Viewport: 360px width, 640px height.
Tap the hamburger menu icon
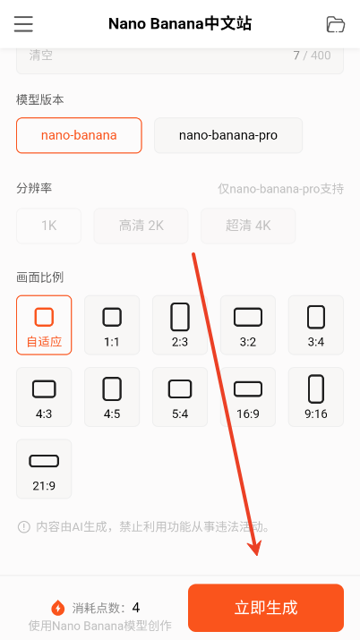pyautogui.click(x=23, y=24)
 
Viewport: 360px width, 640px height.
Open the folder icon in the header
pyautogui.click(x=336, y=24)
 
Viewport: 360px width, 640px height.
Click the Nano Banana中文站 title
pyautogui.click(x=180, y=24)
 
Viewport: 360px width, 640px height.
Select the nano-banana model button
pyautogui.click(x=79, y=135)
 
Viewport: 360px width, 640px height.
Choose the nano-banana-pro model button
pyautogui.click(x=228, y=135)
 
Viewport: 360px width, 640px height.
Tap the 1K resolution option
pyautogui.click(x=48, y=226)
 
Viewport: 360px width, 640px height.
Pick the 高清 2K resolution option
pyautogui.click(x=141, y=226)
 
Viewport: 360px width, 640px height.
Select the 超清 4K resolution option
pyautogui.click(x=249, y=226)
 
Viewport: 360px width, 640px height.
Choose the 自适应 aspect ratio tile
pyautogui.click(x=44, y=325)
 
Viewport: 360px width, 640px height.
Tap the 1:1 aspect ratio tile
pyautogui.click(x=112, y=325)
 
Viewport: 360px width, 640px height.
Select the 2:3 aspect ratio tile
pyautogui.click(x=180, y=325)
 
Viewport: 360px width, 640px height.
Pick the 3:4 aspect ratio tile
pyautogui.click(x=316, y=325)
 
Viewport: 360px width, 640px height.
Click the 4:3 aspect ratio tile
pyautogui.click(x=44, y=397)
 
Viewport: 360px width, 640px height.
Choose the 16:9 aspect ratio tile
pyautogui.click(x=248, y=397)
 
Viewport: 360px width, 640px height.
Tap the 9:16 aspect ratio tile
pyautogui.click(x=316, y=397)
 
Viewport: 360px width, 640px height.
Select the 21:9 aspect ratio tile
pyautogui.click(x=44, y=468)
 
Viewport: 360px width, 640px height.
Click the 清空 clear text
pyautogui.click(x=41, y=55)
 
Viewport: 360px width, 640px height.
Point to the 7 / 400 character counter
pyautogui.click(x=312, y=55)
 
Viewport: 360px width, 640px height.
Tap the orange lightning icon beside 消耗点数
pyautogui.click(x=58, y=608)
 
